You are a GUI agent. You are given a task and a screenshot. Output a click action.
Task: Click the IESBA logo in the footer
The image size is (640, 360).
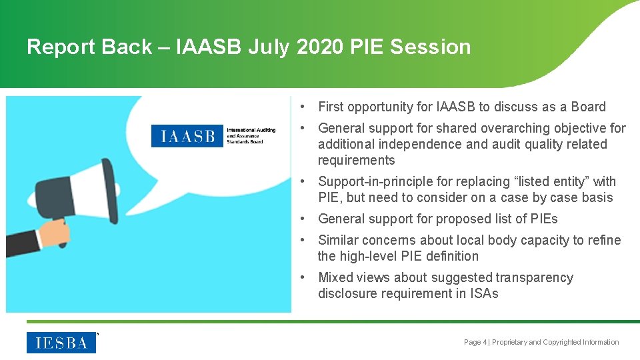61,343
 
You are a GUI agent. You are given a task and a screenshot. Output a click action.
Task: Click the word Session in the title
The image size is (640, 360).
430,47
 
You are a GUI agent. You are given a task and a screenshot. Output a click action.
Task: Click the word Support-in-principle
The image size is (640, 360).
379,181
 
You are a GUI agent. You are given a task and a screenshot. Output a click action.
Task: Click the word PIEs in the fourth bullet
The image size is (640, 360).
543,219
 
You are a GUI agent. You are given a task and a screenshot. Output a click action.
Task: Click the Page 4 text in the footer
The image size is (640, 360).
475,342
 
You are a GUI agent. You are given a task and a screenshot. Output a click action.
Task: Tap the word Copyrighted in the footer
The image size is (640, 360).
561,342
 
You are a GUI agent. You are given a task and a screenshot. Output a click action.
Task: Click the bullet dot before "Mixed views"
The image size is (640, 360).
303,277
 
